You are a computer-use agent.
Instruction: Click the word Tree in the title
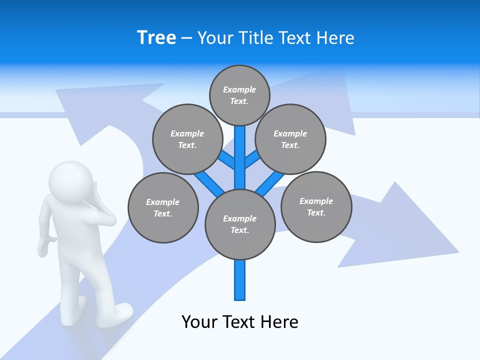pyautogui.click(x=156, y=37)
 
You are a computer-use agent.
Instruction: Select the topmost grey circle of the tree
pyautogui.click(x=239, y=95)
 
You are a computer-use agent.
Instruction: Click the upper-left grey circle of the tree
pyautogui.click(x=187, y=139)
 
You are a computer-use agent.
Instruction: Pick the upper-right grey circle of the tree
pyautogui.click(x=290, y=139)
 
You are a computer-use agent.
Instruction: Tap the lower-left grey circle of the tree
pyautogui.click(x=163, y=207)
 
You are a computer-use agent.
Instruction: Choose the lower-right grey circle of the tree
pyautogui.click(x=316, y=206)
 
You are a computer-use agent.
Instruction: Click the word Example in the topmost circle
pyautogui.click(x=239, y=89)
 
